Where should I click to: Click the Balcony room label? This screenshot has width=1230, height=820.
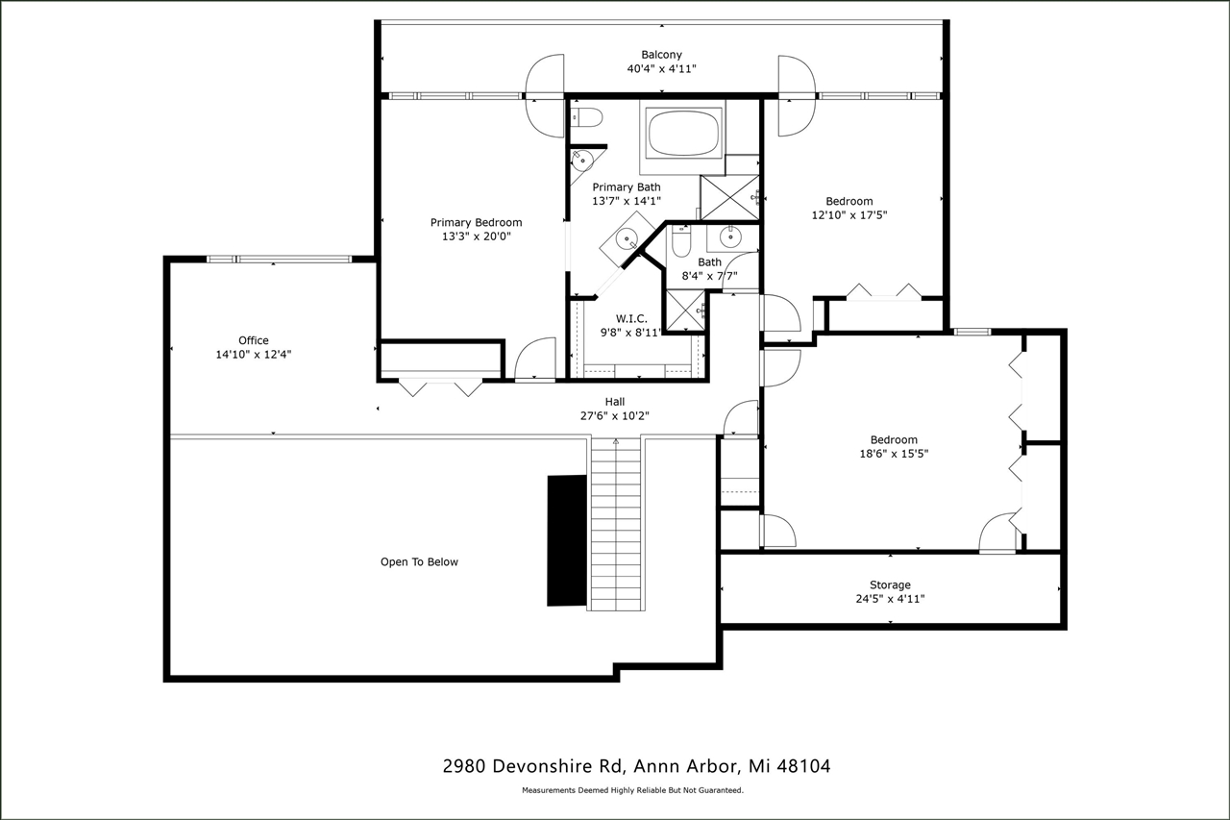point(661,55)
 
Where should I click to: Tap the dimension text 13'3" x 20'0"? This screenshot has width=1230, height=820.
point(476,236)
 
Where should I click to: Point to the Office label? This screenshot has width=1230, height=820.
point(254,340)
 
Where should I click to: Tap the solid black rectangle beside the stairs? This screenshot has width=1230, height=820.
point(567,539)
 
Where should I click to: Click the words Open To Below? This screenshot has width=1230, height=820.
point(419,562)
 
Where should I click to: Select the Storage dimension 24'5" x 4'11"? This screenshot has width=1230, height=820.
point(890,599)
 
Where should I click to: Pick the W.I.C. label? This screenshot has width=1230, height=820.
point(630,319)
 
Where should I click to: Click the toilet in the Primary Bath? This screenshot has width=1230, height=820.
point(587,118)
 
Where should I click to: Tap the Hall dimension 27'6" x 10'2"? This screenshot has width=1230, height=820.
point(615,416)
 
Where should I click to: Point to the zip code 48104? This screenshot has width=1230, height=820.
point(804,766)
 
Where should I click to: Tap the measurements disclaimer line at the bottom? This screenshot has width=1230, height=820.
point(632,790)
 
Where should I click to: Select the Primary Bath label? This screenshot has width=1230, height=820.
point(627,187)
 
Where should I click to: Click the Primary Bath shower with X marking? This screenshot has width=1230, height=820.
point(729,196)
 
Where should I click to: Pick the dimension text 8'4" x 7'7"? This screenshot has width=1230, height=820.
point(709,276)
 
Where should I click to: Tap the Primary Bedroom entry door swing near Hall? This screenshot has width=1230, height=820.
point(536,360)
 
